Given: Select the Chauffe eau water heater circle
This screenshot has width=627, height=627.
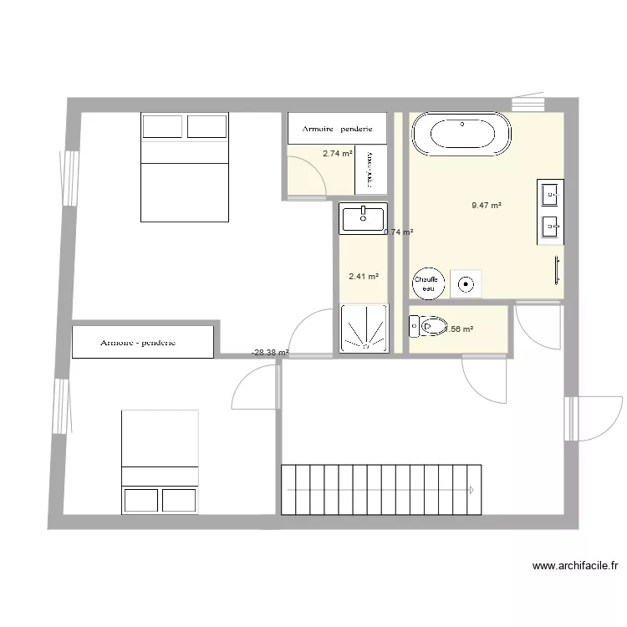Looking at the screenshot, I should point(428,283).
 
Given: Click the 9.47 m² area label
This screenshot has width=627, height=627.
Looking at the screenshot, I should point(486,205).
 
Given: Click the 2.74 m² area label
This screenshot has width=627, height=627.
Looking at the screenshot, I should point(337,154).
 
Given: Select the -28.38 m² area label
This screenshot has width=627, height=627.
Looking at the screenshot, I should point(269,353).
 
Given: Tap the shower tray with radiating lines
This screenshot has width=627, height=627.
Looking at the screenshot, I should point(364,329).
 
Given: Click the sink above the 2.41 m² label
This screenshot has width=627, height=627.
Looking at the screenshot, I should point(363,219).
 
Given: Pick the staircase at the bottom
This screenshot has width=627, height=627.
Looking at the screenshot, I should point(381,489).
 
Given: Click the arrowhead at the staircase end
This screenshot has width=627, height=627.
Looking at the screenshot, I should point(472,490).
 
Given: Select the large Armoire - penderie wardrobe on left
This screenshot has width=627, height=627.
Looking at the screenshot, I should point(143,342).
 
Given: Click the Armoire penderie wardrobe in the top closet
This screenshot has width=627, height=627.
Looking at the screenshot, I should point(337,130).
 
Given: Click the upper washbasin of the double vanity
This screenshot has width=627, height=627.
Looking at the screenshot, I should point(550,195).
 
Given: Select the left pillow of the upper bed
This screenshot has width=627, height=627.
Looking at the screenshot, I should point(162,126).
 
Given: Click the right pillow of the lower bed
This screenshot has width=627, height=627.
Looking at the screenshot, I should point(179,500).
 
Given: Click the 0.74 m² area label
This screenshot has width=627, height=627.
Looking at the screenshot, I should point(399,232).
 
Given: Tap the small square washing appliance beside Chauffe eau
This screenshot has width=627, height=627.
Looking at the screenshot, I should point(466,284).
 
